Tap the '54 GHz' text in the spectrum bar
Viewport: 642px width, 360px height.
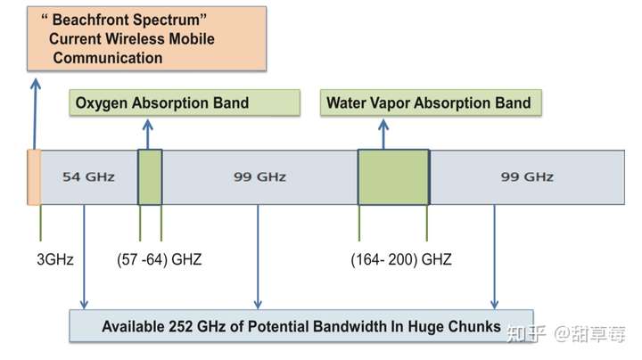[88, 176]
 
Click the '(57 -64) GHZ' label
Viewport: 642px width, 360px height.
[159, 260]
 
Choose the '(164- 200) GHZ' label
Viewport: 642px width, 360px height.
[401, 260]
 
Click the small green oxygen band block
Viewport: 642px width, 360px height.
[150, 176]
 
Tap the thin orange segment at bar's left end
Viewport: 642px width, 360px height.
[34, 176]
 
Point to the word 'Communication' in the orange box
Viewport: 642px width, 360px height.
[107, 59]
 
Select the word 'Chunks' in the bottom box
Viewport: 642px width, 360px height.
[476, 326]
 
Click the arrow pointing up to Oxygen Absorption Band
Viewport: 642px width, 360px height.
[149, 134]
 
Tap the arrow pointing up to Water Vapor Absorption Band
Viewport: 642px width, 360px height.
[383, 134]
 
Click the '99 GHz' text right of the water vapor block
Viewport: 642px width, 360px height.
[527, 176]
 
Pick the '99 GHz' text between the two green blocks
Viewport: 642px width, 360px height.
[259, 176]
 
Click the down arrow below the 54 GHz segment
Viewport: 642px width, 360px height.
[84, 258]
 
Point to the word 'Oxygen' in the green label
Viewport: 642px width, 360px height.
[103, 102]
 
